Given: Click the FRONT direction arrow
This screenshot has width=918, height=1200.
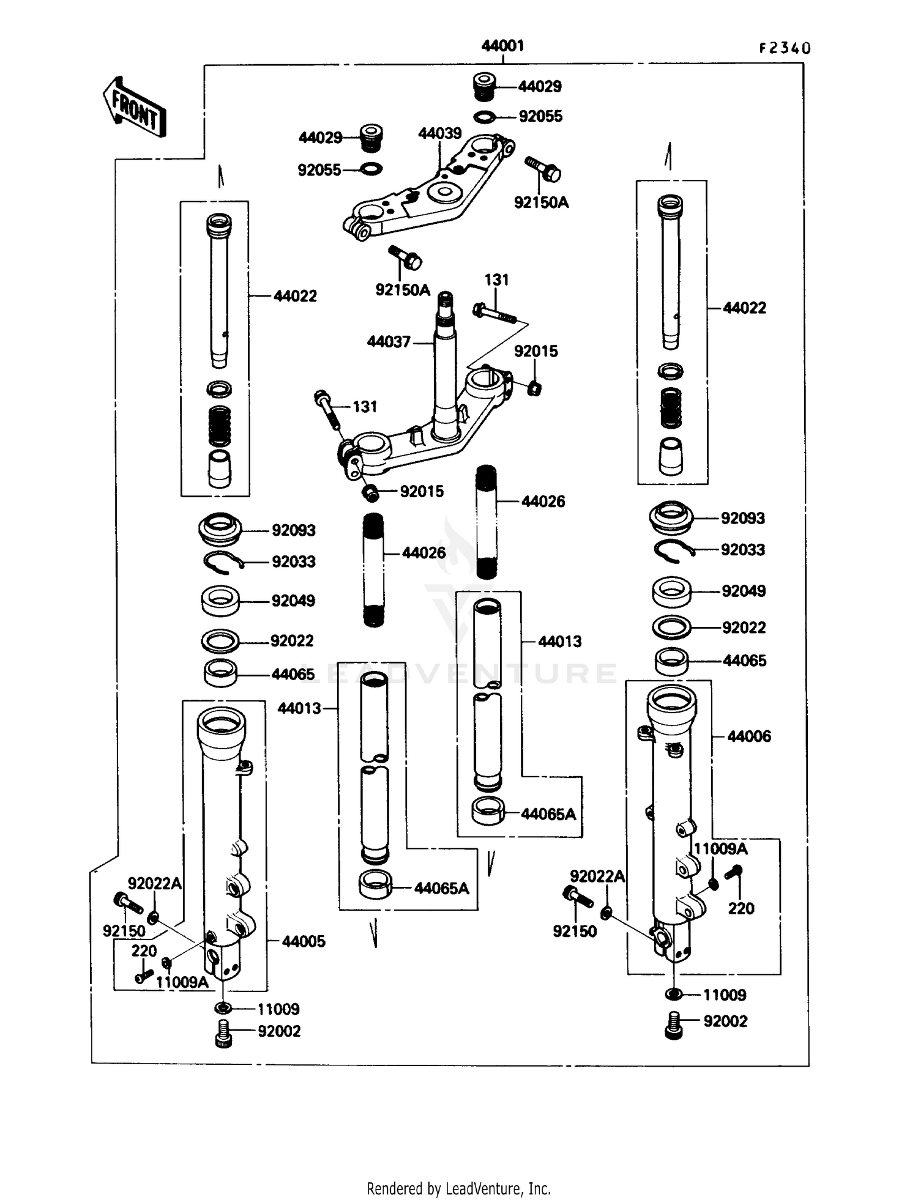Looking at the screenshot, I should coord(133,106).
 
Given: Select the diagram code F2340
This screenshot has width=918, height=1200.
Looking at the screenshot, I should coord(785,48).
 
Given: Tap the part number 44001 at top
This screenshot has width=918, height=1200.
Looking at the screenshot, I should coord(502,46).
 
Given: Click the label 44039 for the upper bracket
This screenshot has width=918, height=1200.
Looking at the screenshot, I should coord(439,133).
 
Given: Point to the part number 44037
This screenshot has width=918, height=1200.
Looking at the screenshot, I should coord(389,342).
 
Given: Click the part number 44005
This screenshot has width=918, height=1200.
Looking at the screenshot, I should coord(304,941).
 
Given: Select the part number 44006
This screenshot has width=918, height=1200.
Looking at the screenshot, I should coord(749,736).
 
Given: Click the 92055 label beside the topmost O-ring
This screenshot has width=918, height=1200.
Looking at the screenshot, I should coord(540,116).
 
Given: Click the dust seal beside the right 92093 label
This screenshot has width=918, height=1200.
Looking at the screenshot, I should coord(671,517).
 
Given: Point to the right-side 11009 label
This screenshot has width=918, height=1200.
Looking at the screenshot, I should coord(725,995).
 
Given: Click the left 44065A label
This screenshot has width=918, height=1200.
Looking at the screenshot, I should coord(441,888).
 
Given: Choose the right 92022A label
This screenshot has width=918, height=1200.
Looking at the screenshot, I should coord(597,876).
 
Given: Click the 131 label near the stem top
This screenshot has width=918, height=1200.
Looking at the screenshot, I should coord(496,280).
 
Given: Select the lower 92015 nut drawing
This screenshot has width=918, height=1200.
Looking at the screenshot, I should coord(371,492).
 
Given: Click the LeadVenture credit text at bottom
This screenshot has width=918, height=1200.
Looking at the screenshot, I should coord(458,1188).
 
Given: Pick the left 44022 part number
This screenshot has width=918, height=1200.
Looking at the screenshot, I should coord(295,296).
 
